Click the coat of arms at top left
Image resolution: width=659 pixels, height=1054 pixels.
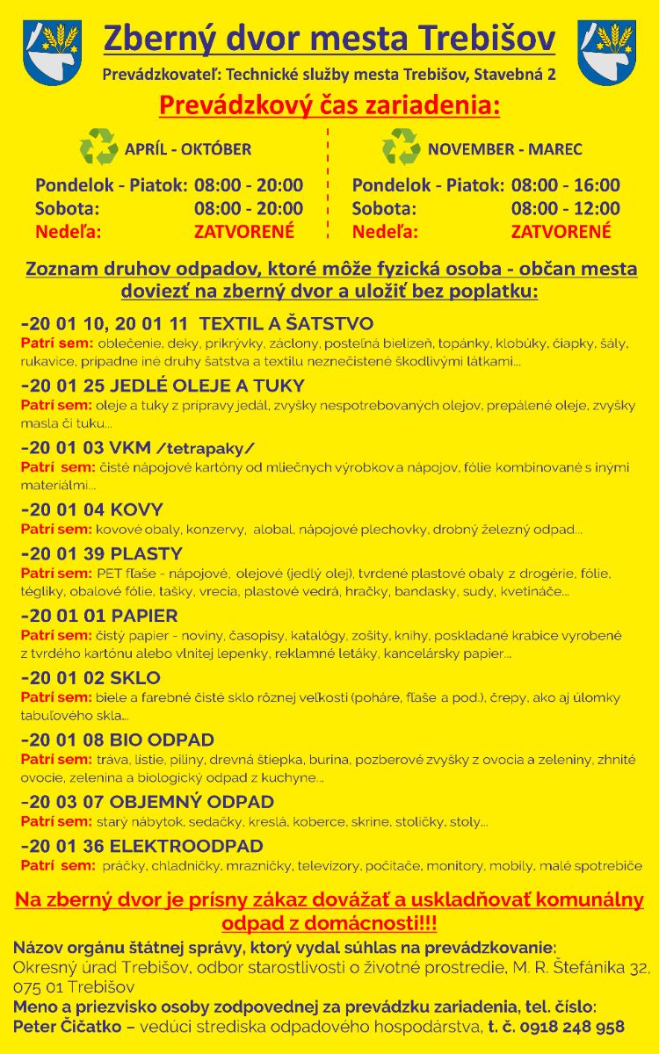[52, 52]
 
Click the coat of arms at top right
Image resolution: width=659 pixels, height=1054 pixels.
[606, 52]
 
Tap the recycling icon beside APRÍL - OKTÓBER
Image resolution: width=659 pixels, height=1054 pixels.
[98, 147]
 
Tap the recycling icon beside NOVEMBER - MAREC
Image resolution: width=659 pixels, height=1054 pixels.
[401, 147]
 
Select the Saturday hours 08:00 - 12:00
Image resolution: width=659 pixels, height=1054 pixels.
[565, 209]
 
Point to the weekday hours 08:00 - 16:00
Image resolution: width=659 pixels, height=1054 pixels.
[565, 185]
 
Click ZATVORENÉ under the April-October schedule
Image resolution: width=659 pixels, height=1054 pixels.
[244, 232]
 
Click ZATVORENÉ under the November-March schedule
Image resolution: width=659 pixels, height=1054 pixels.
[561, 232]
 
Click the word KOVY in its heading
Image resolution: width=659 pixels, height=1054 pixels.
[136, 509]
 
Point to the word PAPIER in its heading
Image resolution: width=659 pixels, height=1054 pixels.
[144, 616]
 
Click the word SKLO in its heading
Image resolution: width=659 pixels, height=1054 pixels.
[135, 678]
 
